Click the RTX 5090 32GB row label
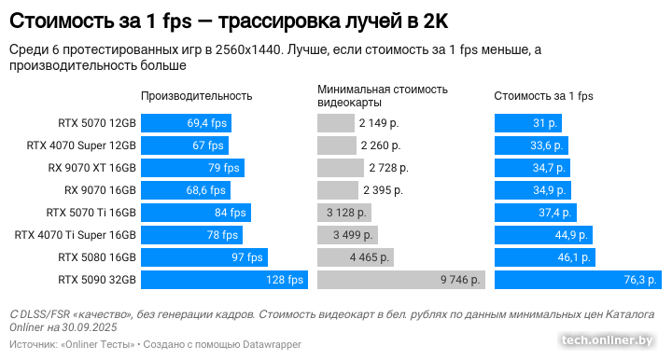(x=97, y=280)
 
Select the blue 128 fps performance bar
(x=224, y=280)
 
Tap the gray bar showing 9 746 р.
(x=401, y=280)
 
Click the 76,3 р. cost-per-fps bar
(x=578, y=280)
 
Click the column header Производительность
(x=197, y=96)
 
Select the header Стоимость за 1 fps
(x=543, y=96)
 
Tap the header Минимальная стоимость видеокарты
(x=383, y=96)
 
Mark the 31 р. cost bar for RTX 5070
(x=528, y=123)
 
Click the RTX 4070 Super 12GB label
(x=81, y=145)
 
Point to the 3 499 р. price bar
(x=348, y=235)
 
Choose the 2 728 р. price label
(x=388, y=168)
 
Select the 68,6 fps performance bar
(x=185, y=190)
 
